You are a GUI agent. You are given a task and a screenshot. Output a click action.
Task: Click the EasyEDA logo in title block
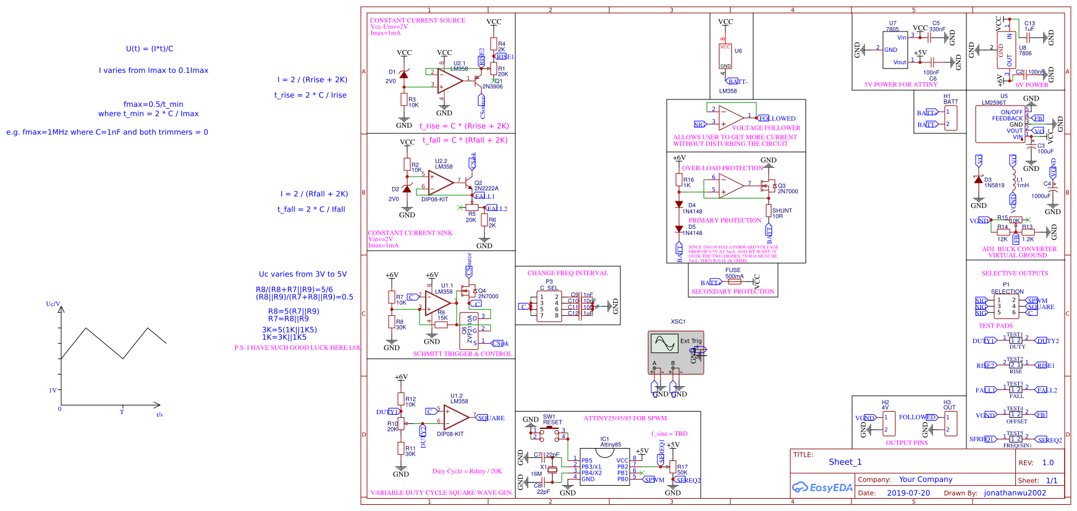[822, 488]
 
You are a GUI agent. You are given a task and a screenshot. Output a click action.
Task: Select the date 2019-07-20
[908, 493]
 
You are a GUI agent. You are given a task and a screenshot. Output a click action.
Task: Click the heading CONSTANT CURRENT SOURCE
[418, 20]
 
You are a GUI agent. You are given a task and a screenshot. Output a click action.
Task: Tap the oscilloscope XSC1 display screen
[664, 343]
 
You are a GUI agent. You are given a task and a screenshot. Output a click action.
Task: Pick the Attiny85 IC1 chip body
[604, 467]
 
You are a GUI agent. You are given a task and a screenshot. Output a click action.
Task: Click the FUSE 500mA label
[733, 273]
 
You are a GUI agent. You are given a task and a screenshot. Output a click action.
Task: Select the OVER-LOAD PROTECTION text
[722, 168]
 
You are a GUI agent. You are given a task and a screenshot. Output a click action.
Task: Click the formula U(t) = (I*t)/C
[150, 49]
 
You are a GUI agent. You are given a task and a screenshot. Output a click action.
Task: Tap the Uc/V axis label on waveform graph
[53, 304]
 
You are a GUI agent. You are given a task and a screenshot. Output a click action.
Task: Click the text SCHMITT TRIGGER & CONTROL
[462, 354]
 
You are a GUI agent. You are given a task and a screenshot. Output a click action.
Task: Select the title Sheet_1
[845, 462]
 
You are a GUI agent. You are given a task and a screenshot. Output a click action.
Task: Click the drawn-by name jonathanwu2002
[1015, 493]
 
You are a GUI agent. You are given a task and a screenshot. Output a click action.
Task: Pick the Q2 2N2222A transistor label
[486, 186]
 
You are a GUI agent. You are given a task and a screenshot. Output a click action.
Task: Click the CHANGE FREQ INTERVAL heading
[567, 273]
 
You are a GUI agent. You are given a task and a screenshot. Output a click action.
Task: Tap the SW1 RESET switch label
[552, 420]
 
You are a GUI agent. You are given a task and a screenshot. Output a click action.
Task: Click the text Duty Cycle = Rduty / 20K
[467, 471]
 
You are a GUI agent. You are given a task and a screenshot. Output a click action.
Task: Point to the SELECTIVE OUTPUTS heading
[1015, 273]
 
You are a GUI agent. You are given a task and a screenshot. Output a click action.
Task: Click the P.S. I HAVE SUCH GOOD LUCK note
[297, 347]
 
